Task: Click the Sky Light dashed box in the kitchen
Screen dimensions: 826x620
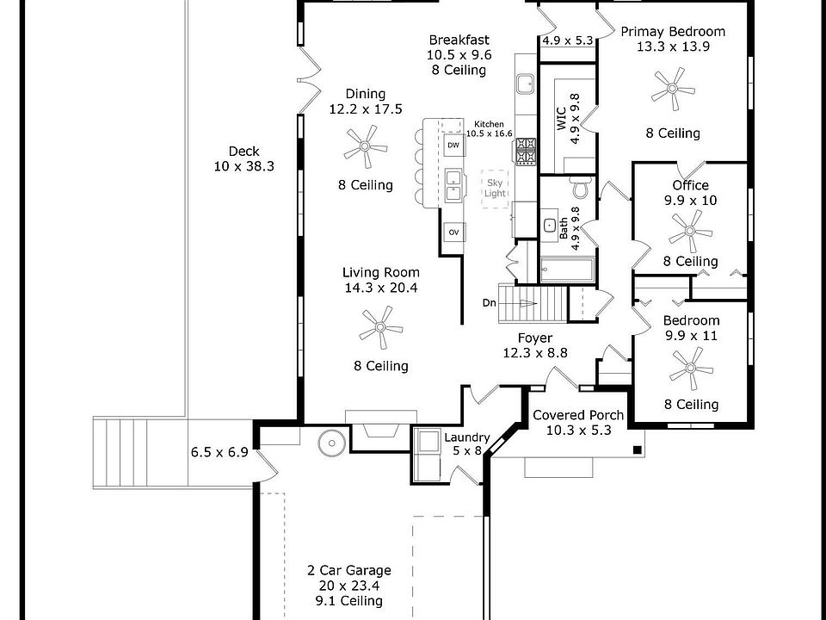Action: click(494, 189)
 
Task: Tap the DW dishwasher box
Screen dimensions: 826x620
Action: click(453, 145)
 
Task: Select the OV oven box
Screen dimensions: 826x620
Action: click(453, 232)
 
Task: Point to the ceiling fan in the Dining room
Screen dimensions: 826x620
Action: click(365, 146)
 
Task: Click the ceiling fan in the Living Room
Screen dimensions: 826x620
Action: click(380, 327)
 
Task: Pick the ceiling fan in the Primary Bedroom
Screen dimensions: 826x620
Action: click(673, 89)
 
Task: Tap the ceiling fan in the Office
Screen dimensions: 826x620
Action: click(690, 231)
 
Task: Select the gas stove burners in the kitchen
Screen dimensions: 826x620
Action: click(525, 152)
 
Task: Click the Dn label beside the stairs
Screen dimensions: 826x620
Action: click(489, 303)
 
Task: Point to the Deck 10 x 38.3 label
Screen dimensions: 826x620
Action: click(243, 158)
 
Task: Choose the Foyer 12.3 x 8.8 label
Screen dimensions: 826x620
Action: click(535, 345)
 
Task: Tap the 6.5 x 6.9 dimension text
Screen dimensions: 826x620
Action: click(219, 452)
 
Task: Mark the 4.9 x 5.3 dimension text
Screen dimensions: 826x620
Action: click(568, 40)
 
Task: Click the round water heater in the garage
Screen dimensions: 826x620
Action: click(332, 443)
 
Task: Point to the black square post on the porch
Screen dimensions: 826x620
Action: click(637, 449)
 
